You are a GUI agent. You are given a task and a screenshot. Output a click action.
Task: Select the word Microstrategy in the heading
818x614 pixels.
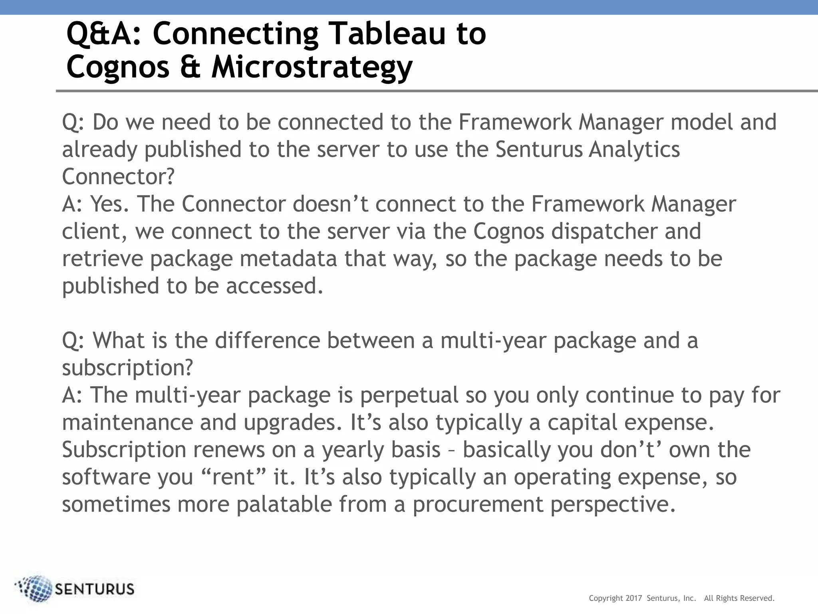312,67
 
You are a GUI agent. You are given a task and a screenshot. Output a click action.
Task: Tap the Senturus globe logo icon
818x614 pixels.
35,588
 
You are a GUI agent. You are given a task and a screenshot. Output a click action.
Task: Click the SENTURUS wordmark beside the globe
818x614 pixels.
94,589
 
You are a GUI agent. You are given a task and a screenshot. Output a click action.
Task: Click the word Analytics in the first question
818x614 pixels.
634,150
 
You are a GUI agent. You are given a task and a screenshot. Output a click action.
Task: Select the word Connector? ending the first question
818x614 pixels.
118,177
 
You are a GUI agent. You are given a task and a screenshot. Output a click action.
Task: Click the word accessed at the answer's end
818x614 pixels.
274,286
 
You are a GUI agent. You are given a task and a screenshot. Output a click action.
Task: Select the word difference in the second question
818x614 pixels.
268,341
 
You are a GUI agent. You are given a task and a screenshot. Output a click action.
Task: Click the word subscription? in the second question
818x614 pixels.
127,368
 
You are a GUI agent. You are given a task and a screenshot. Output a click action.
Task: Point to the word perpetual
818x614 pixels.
409,395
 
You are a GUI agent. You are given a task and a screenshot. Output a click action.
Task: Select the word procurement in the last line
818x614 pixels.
478,504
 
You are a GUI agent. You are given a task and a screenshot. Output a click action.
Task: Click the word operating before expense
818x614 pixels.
562,477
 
